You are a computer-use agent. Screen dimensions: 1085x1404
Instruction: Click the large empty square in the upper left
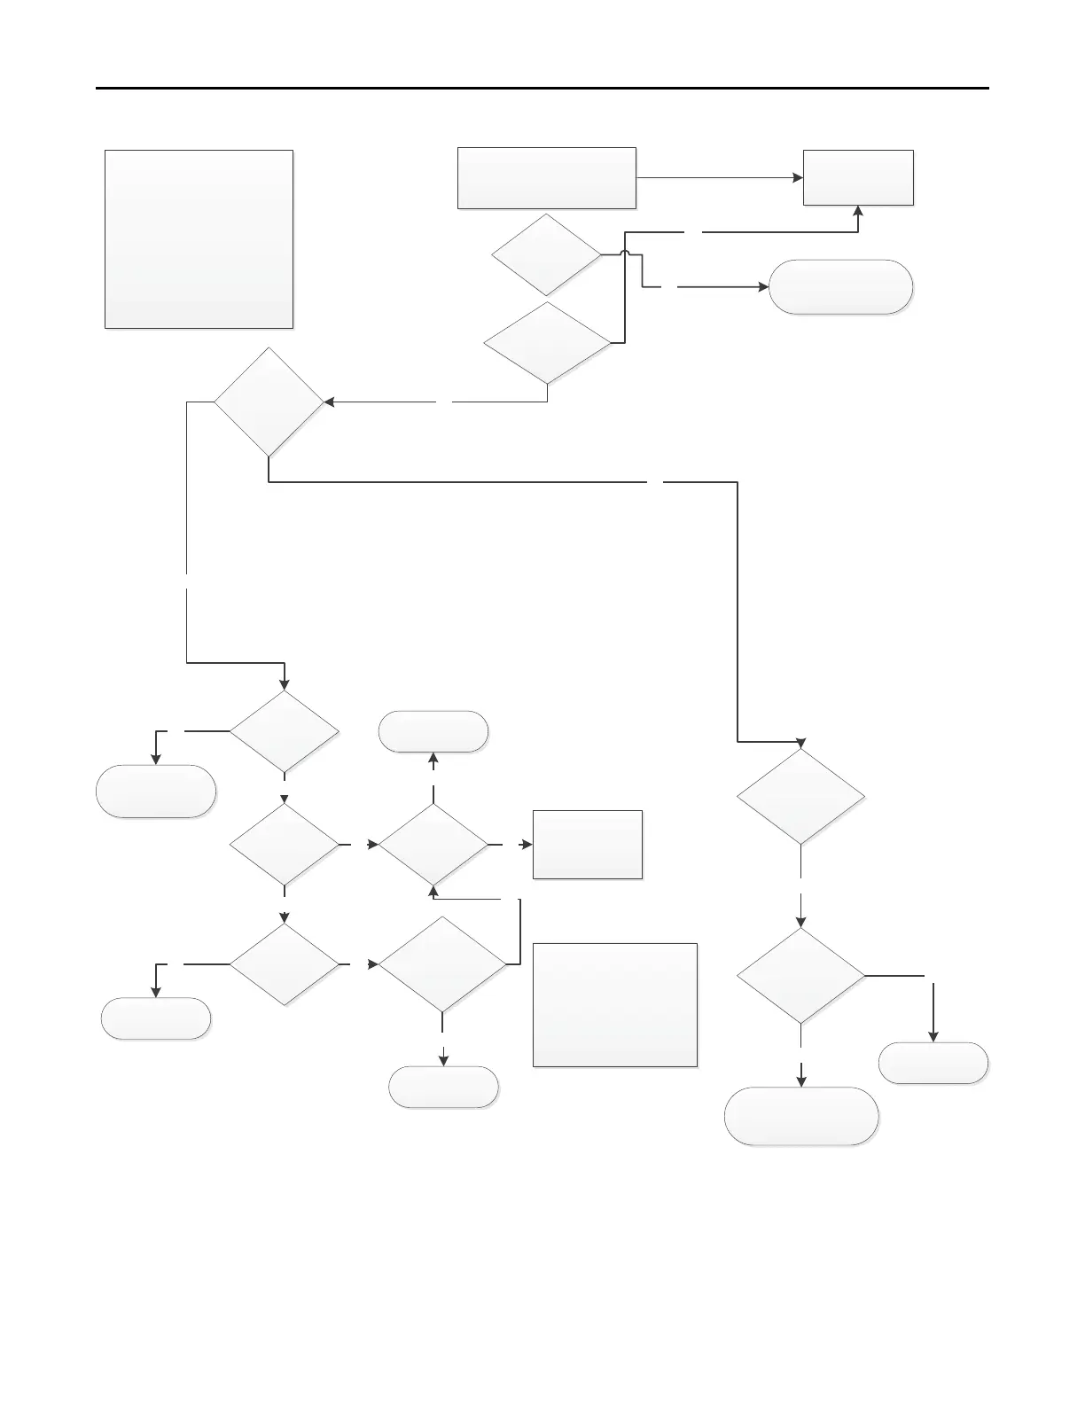pos(199,239)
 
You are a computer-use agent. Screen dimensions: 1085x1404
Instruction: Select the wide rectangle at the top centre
pos(546,178)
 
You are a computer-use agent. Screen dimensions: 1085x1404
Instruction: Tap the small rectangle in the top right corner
pos(858,178)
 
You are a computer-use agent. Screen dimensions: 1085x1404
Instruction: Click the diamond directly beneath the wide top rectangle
pos(546,254)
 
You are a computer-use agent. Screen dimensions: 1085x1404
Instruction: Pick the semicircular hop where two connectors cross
pos(626,254)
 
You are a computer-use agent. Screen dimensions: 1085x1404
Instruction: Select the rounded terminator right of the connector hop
pos(840,287)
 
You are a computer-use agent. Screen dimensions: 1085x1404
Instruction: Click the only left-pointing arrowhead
pos(328,402)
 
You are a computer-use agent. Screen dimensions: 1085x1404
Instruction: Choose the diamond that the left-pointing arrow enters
pos(269,402)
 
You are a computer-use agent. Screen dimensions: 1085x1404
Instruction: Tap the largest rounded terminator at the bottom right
pos(801,1116)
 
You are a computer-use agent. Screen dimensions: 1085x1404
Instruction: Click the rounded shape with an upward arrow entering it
pos(433,731)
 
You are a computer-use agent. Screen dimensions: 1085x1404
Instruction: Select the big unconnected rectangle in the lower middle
pos(615,1004)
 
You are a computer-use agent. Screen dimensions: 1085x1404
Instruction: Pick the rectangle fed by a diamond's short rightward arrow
pos(587,845)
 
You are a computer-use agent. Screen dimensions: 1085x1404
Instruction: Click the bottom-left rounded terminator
pos(156,1018)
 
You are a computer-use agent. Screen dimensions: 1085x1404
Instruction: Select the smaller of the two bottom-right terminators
pos(933,1063)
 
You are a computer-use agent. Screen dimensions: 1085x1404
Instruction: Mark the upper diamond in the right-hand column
pos(801,797)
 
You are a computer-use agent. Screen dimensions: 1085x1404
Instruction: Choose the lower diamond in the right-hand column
pos(801,976)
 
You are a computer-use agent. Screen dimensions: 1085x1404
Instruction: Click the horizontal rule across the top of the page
pos(542,89)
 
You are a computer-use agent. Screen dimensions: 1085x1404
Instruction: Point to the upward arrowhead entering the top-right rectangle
pos(858,211)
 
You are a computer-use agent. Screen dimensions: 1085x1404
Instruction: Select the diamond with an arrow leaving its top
pos(433,845)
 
